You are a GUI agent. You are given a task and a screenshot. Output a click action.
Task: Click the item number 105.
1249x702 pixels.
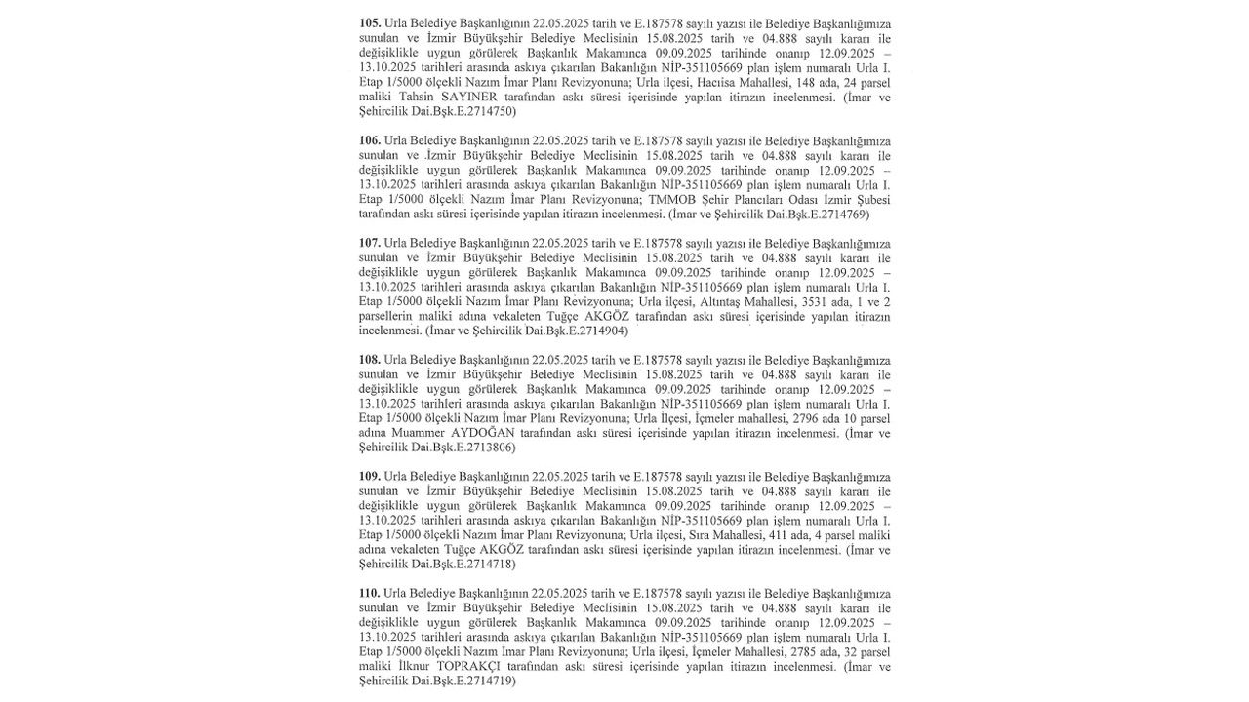click(x=370, y=23)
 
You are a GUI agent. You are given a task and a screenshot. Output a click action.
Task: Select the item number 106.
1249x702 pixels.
click(x=370, y=140)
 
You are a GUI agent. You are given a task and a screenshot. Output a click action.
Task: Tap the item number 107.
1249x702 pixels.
click(x=370, y=243)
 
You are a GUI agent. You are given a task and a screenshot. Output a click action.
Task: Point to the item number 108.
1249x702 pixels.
click(x=370, y=360)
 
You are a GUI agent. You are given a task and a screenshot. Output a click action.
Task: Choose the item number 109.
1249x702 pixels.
click(x=370, y=477)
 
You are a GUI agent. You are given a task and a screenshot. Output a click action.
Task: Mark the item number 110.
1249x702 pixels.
click(x=370, y=594)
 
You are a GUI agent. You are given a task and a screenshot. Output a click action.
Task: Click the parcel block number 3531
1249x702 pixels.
click(x=773, y=301)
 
